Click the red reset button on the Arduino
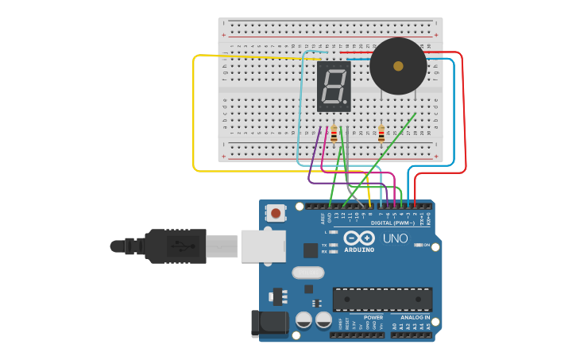tap(276, 213)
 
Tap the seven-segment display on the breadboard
tap(334, 86)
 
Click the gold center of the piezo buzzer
tap(398, 66)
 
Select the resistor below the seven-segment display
tap(334, 134)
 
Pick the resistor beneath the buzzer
tap(381, 134)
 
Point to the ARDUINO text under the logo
tap(359, 250)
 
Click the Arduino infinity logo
tap(359, 238)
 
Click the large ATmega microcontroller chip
tap(382, 300)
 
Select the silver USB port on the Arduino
tap(262, 246)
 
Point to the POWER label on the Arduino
tap(373, 317)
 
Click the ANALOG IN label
tap(415, 317)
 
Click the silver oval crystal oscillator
tap(307, 273)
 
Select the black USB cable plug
tap(175, 246)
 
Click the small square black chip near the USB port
tap(310, 250)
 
